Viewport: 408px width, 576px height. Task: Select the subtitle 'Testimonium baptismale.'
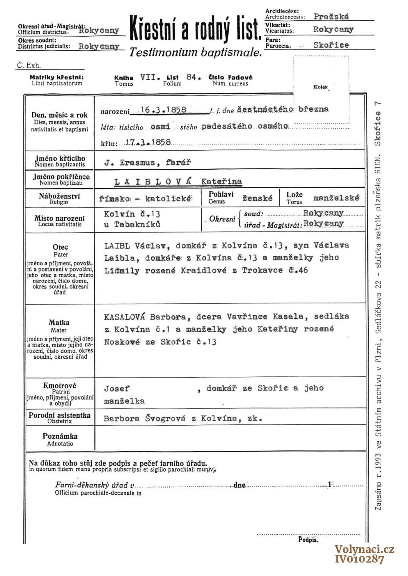196,53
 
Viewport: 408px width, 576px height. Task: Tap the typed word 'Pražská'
331,17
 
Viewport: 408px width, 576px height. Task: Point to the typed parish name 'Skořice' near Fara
331,45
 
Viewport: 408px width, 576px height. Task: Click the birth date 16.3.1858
164,110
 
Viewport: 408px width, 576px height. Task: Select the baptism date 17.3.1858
148,142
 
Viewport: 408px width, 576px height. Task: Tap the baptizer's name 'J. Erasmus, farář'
148,162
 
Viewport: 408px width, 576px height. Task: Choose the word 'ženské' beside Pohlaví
257,198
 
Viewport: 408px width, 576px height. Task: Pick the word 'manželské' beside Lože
336,198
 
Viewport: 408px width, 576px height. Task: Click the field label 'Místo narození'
60,218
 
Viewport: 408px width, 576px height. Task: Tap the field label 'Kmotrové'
60,386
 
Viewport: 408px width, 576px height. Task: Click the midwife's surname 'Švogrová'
166,419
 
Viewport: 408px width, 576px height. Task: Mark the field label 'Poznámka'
60,436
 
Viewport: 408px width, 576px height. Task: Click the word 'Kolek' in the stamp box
320,87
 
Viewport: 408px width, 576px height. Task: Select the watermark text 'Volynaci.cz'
364,550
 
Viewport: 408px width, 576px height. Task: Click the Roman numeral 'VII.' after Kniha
150,77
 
